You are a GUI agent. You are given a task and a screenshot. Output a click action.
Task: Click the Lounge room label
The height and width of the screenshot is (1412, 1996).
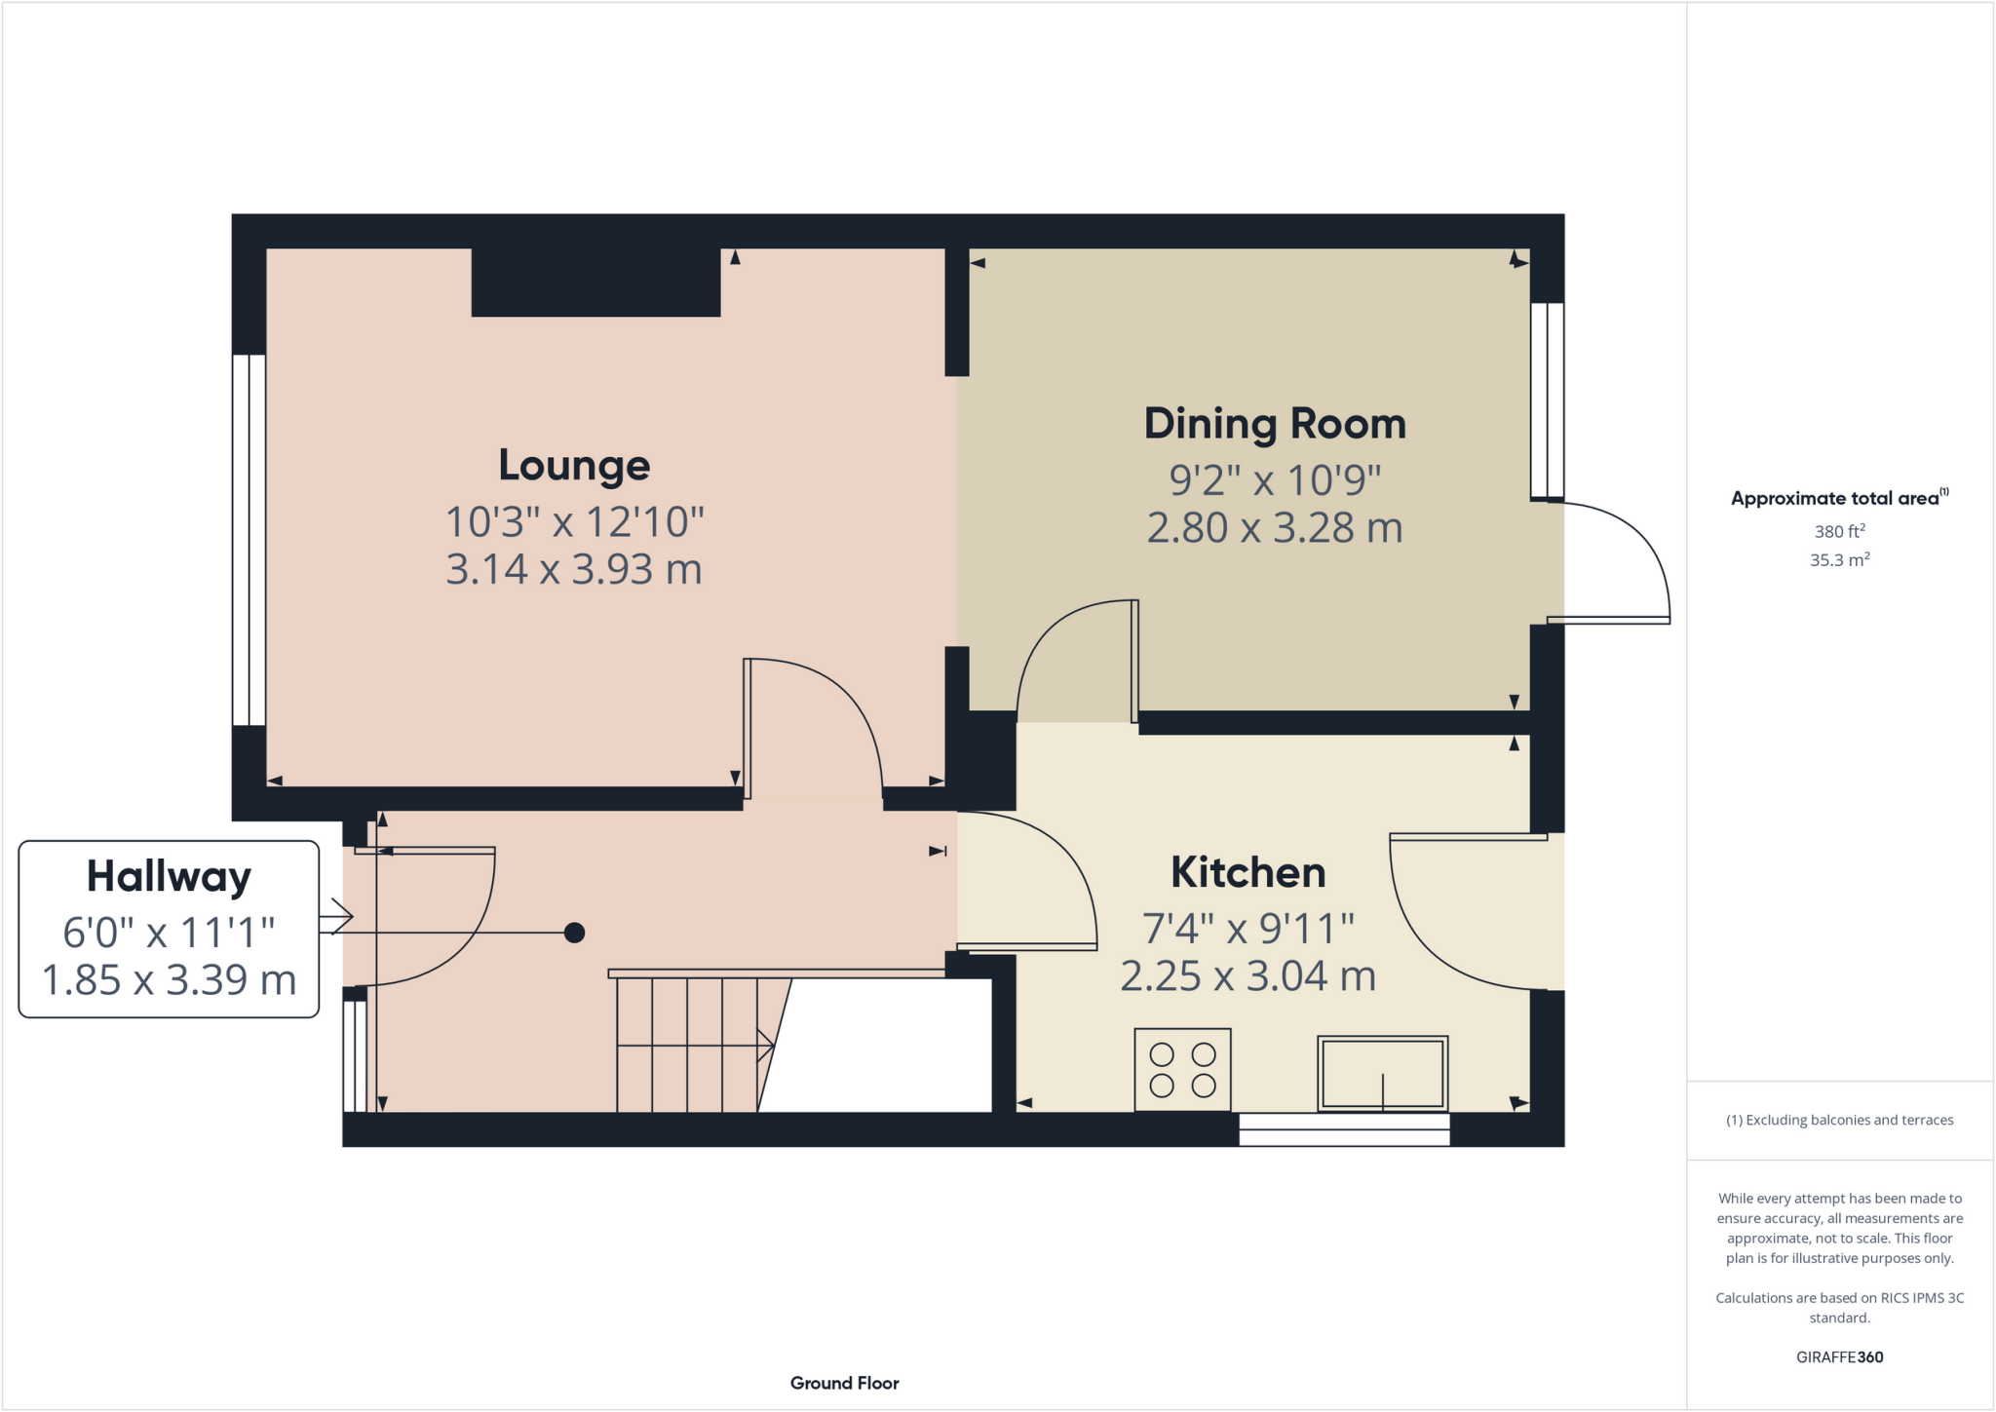(574, 466)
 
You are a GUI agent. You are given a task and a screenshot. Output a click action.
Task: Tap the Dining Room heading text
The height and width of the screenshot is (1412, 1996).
(1275, 424)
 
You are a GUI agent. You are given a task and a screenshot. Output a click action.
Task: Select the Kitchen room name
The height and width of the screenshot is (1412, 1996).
(1247, 873)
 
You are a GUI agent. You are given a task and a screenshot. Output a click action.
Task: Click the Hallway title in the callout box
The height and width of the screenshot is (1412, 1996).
(169, 877)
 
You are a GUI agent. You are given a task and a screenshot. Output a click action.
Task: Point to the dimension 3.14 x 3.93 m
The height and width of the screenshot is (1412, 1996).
(574, 569)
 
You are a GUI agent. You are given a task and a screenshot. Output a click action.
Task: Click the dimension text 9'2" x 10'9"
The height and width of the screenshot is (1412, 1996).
(1275, 480)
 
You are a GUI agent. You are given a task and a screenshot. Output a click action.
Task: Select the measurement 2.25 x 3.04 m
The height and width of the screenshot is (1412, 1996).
(1247, 976)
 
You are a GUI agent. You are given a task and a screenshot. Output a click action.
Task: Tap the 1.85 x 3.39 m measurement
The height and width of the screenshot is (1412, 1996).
(169, 980)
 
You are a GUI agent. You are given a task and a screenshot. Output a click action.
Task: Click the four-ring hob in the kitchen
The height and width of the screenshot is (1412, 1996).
(1182, 1070)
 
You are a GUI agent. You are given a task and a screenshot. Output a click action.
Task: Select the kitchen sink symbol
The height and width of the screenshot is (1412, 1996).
(1382, 1073)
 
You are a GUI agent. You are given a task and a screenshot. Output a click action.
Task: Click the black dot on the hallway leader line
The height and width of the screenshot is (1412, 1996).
(574, 934)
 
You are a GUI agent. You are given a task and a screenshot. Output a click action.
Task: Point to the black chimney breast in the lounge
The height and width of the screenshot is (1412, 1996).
(595, 283)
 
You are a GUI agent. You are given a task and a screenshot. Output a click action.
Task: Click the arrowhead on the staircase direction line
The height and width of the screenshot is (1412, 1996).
(767, 1047)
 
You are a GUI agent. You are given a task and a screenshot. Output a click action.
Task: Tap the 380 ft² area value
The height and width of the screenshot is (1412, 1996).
(1839, 532)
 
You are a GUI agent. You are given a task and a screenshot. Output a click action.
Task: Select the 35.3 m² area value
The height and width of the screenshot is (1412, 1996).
(1839, 560)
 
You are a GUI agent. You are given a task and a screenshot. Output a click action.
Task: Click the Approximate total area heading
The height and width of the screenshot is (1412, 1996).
(1838, 499)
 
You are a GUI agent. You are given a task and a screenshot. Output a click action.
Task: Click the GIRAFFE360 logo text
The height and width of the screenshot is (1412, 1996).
(1839, 1357)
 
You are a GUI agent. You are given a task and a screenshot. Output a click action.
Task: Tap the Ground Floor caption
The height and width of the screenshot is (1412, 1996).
(844, 1384)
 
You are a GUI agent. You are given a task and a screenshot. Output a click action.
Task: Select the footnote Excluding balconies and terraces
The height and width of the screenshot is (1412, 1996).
(1839, 1121)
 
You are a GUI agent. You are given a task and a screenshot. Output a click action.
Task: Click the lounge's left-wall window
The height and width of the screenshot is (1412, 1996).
(249, 540)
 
